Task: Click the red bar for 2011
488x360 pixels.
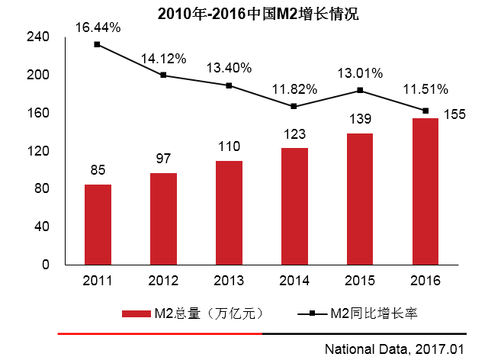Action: (98, 224)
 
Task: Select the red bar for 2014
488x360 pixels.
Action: (294, 206)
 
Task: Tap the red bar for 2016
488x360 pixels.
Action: (425, 191)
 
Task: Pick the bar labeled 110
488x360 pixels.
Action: (229, 213)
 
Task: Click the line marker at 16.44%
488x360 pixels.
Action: (98, 44)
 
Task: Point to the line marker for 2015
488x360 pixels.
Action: (360, 90)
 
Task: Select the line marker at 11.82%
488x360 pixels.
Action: (294, 106)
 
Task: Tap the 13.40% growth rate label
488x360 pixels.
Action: (229, 67)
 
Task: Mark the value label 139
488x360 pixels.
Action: (360, 119)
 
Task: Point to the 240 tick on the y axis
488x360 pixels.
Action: (38, 37)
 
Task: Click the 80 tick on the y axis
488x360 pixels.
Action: (41, 188)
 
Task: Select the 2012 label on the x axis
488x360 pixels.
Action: (163, 281)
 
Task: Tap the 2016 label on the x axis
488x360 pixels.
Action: (425, 281)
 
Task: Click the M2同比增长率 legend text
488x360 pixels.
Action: (374, 313)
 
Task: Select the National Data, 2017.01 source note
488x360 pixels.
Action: (394, 349)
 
